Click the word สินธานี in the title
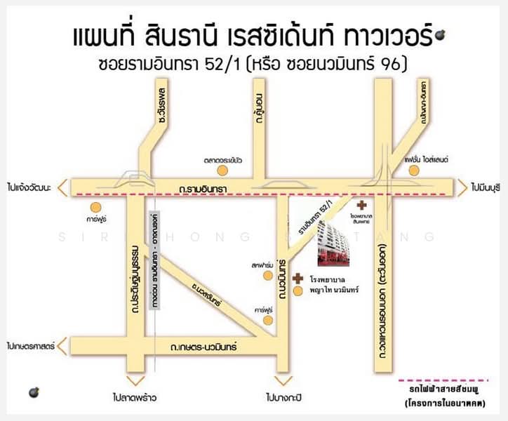[x=182, y=36]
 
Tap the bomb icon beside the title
[x=441, y=34]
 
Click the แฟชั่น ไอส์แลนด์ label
[x=426, y=160]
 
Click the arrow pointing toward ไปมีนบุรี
[x=463, y=187]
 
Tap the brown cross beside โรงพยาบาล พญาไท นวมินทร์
[x=298, y=278]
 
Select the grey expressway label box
[x=155, y=260]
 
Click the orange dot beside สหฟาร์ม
[x=267, y=276]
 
